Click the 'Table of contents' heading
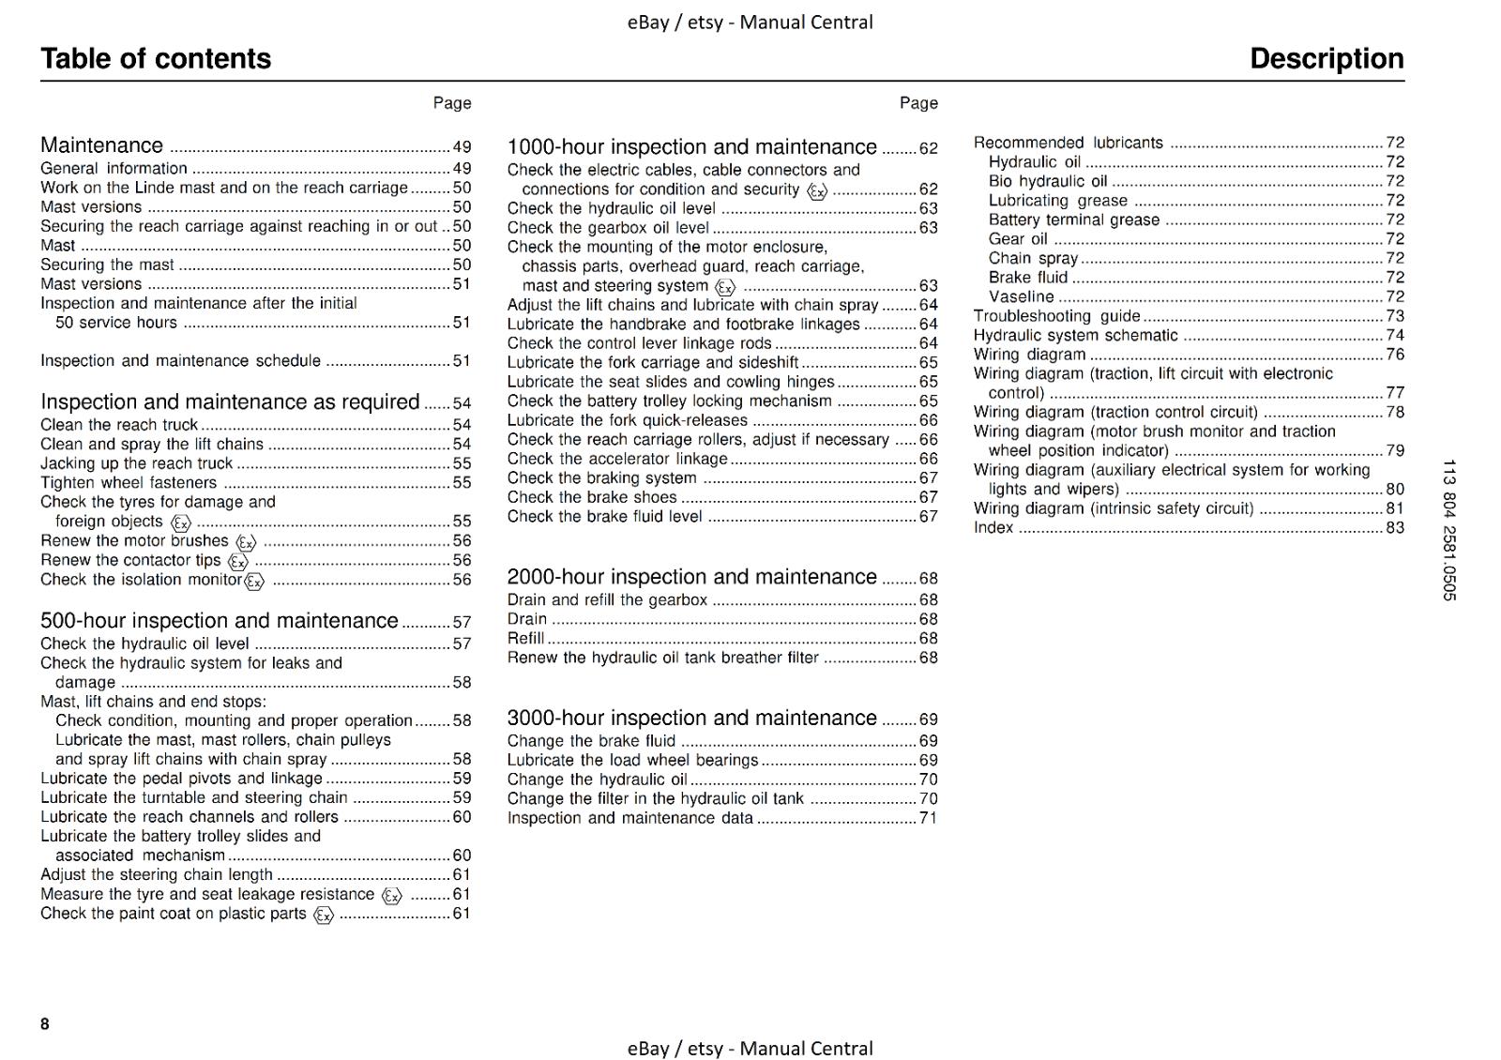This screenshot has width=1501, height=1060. tap(156, 59)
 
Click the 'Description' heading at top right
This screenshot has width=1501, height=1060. tap(1327, 59)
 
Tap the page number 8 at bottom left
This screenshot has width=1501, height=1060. tap(45, 1023)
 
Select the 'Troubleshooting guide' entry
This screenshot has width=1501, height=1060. tap(1056, 316)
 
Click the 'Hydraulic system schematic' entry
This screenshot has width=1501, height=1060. tap(1075, 335)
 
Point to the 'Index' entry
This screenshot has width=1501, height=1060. tap(993, 527)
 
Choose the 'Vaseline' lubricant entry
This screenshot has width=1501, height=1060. tap(1021, 296)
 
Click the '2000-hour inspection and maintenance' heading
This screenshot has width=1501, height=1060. tap(691, 577)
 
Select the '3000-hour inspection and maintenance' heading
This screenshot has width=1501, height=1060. tap(691, 718)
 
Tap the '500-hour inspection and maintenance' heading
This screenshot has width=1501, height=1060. tap(219, 621)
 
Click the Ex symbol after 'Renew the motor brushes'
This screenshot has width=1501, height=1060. tap(246, 542)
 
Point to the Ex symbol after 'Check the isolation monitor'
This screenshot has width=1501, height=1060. tap(254, 582)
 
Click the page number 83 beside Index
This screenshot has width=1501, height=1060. tap(1395, 527)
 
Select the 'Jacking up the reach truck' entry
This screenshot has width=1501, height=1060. tap(136, 463)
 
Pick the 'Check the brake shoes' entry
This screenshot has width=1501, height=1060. tap(592, 497)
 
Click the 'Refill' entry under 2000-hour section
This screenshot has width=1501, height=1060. tap(525, 638)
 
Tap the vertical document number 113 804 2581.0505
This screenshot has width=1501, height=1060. tap(1448, 530)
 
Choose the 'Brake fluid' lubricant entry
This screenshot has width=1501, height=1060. tap(1028, 278)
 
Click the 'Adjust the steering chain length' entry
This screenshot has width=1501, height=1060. tap(157, 874)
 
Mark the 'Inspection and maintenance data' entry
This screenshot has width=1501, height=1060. tap(629, 818)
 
